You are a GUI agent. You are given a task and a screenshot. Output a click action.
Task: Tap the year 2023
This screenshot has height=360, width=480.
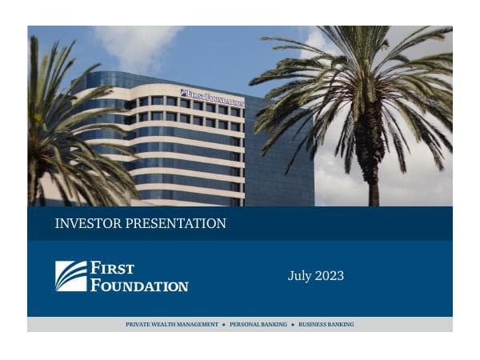click(329, 276)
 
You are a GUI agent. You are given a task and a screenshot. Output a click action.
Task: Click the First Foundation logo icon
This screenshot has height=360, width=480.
click(70, 276)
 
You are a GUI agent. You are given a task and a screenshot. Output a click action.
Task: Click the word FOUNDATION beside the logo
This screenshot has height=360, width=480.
click(139, 285)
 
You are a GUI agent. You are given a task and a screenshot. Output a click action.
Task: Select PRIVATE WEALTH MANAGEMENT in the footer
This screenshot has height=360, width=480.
click(172, 325)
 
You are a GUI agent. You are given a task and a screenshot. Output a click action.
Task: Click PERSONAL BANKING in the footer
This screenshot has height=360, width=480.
click(258, 325)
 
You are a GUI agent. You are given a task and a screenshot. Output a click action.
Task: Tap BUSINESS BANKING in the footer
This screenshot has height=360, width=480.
click(326, 325)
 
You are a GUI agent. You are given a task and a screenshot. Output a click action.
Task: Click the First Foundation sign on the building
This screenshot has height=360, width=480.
click(212, 98)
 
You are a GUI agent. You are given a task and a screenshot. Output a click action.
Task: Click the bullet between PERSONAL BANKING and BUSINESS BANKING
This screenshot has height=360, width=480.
click(293, 325)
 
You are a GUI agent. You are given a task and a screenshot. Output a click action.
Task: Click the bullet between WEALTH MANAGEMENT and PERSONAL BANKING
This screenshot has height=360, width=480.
click(224, 325)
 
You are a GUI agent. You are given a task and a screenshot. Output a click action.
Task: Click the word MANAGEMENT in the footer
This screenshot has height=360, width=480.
click(198, 325)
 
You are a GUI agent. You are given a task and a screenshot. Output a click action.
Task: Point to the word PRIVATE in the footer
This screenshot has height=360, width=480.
click(138, 325)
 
